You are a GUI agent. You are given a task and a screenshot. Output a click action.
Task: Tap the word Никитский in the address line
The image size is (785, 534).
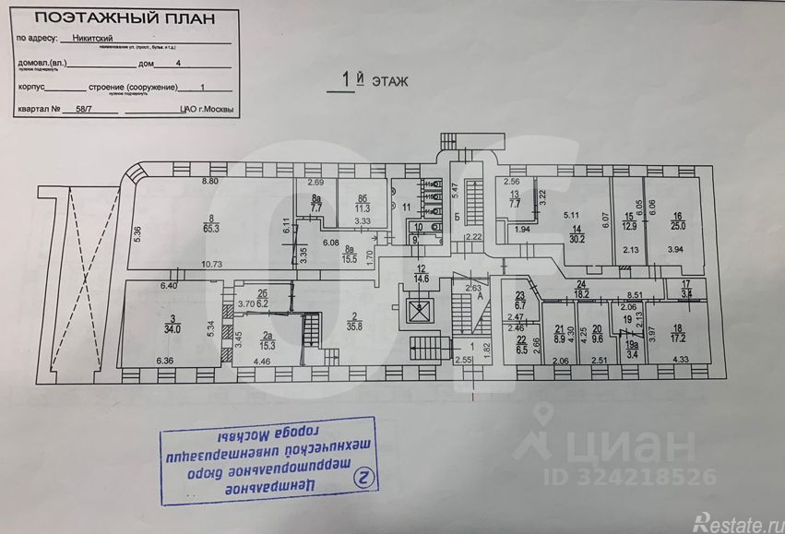(x=94, y=41)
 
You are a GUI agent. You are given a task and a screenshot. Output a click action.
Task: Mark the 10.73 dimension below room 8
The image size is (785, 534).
(x=212, y=264)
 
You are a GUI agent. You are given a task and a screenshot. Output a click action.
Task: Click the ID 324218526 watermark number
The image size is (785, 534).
(x=645, y=477)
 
